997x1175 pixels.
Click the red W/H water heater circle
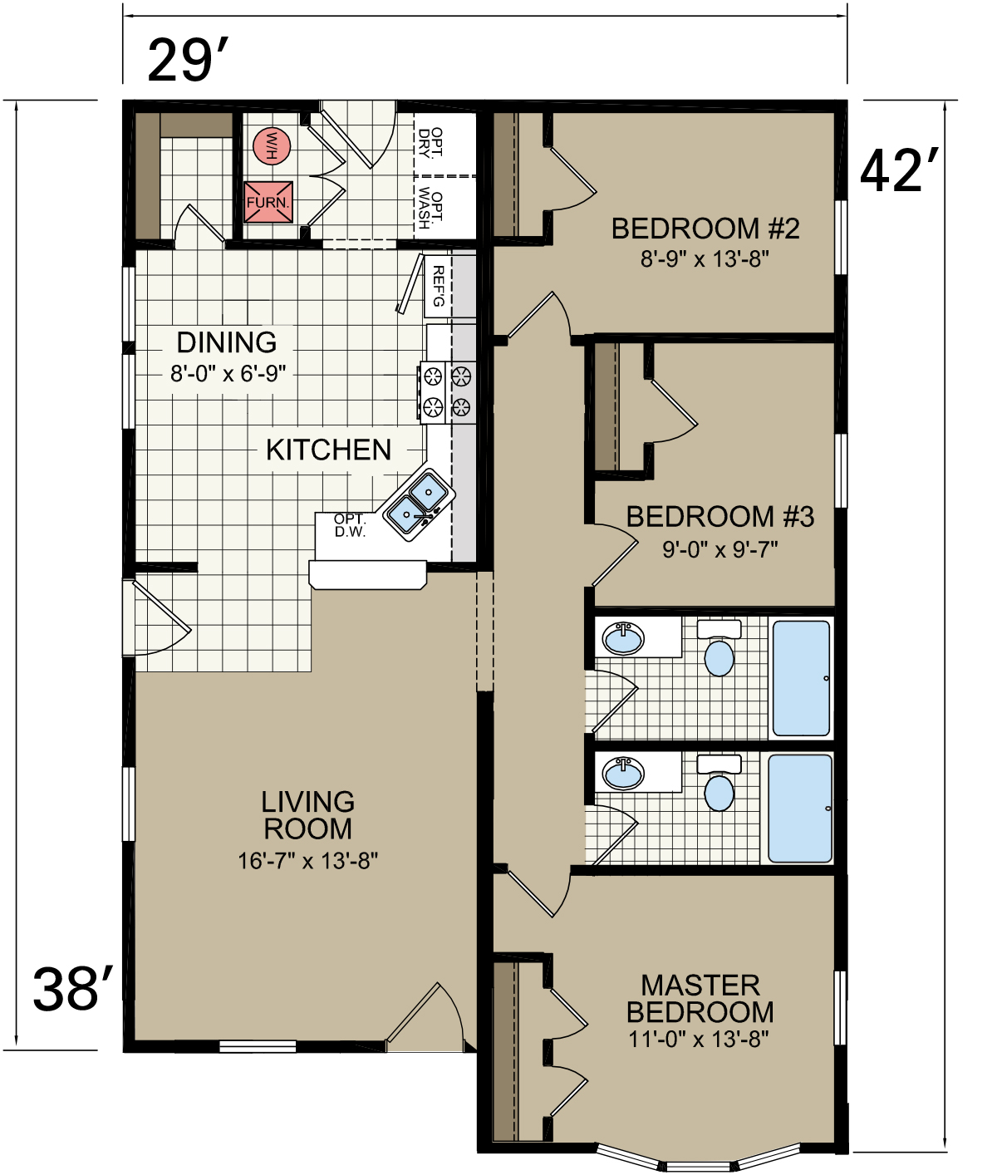click(272, 146)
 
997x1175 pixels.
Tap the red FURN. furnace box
click(268, 202)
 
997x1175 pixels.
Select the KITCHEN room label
click(328, 450)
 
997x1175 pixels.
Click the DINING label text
click(227, 342)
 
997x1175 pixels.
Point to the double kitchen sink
click(419, 504)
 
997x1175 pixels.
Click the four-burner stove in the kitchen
click(448, 392)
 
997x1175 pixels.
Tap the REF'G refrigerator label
click(438, 286)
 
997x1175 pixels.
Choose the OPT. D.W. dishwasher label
click(350, 526)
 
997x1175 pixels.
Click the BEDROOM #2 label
click(705, 229)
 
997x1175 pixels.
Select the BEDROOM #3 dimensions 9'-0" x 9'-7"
click(720, 550)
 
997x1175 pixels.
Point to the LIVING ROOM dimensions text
click(307, 861)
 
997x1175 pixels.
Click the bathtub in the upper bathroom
click(801, 678)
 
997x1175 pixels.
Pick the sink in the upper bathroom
click(624, 638)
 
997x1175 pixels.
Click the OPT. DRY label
click(430, 142)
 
